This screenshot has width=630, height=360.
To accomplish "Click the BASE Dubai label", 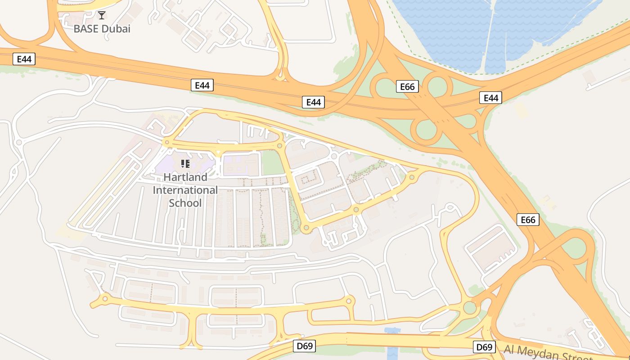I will pos(102,29).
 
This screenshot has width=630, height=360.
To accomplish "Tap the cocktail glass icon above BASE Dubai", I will pos(102,15).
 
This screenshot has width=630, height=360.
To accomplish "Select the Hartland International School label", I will pos(185,190).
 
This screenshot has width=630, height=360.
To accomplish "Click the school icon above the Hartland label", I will pos(185,163).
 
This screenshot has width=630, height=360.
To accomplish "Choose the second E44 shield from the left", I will pos(202,85).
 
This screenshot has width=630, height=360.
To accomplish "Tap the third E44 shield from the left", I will pos(313,102).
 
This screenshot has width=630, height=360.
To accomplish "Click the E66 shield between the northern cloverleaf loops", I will pos(407,86).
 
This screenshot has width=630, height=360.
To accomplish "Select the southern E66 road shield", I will pos(527,220).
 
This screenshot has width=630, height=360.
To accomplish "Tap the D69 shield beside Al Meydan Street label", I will pos(484,347).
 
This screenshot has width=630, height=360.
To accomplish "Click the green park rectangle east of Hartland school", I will pos(273,163).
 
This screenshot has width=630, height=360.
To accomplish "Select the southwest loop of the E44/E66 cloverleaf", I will pos(425,130).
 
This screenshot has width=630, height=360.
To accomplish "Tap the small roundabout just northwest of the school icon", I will pos(167,143).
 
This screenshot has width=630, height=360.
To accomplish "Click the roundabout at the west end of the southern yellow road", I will pos(105,298).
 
